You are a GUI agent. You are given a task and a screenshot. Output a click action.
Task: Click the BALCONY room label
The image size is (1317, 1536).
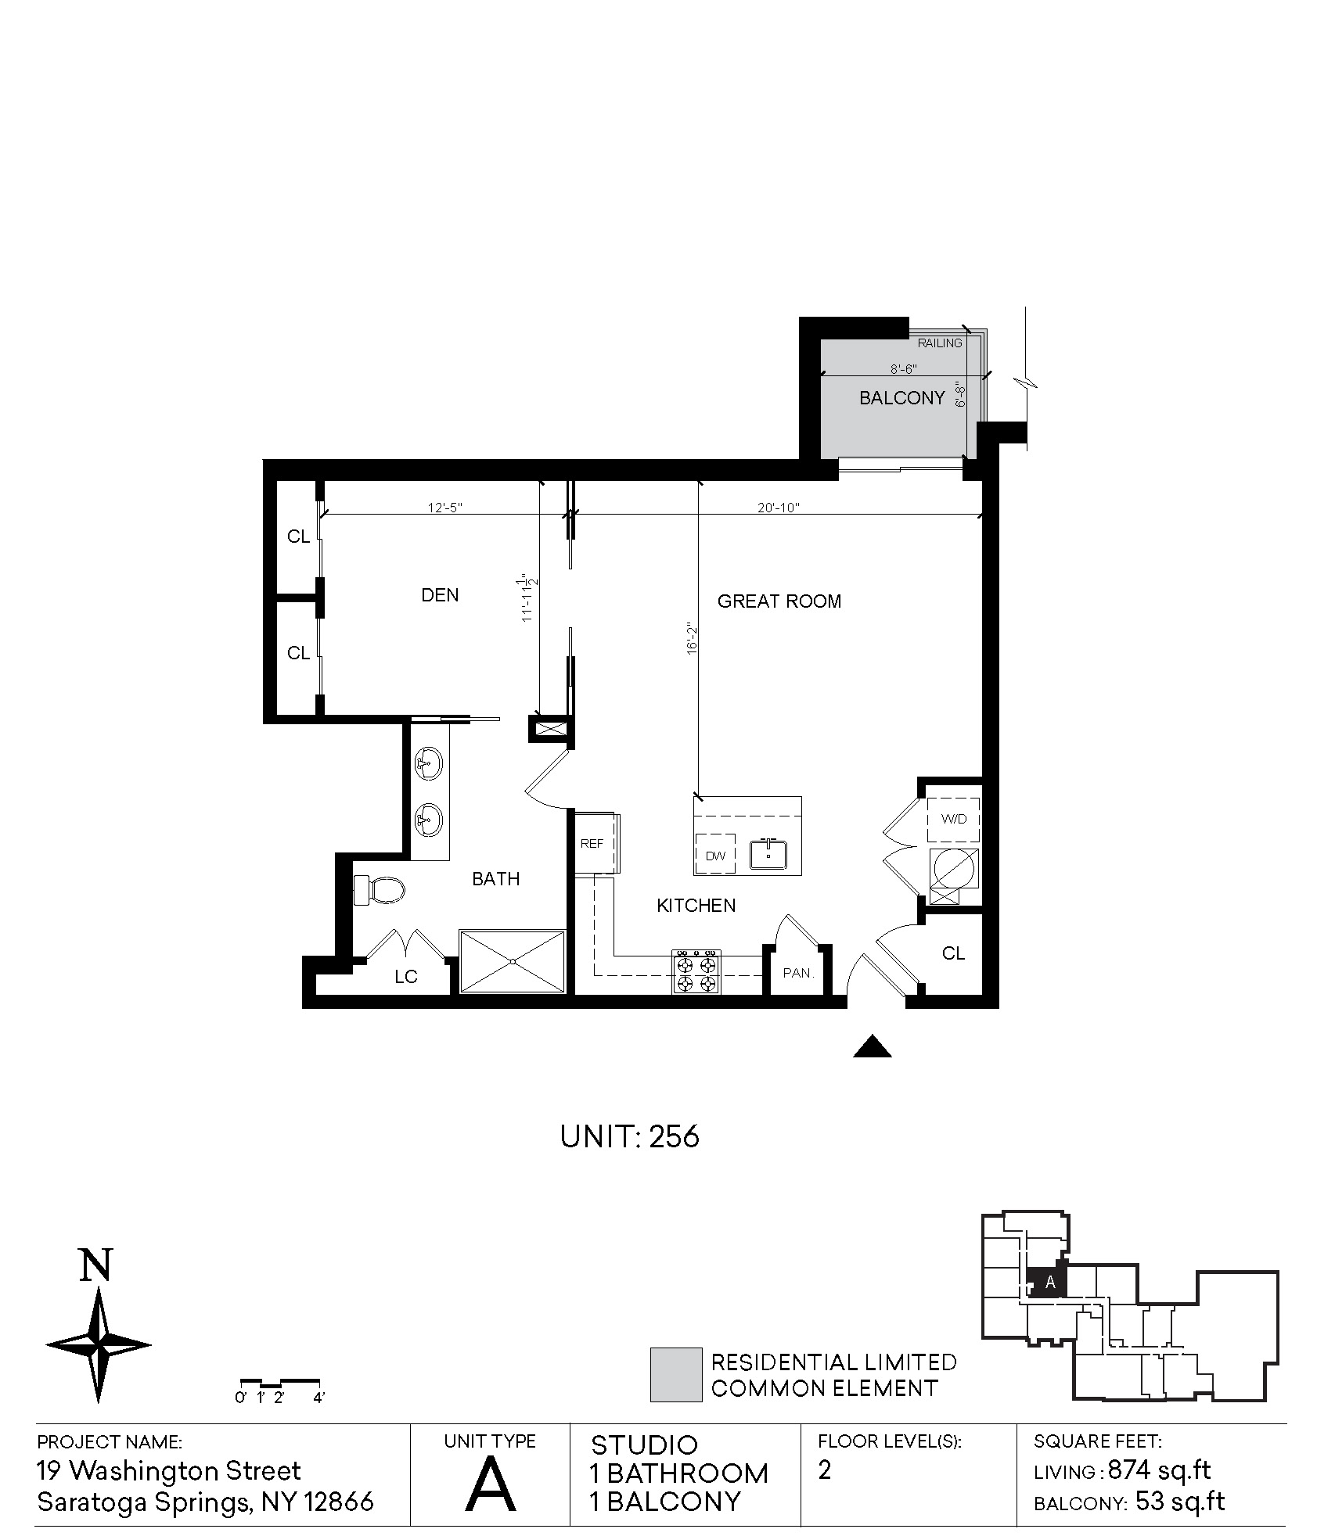click(x=901, y=398)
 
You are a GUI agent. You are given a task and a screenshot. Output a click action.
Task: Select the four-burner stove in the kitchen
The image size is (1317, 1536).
click(x=696, y=972)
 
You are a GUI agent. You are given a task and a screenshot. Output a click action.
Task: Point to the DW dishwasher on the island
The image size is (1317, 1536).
click(x=715, y=855)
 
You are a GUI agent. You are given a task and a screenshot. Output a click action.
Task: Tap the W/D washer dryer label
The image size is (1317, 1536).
click(x=953, y=819)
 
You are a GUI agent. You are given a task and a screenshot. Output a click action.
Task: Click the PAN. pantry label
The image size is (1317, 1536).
click(x=798, y=973)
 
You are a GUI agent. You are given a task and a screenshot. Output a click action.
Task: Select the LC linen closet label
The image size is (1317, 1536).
click(x=406, y=977)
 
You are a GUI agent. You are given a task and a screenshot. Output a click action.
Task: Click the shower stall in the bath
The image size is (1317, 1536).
click(x=513, y=961)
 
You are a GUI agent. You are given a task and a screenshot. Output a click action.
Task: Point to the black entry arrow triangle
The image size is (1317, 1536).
click(x=872, y=1046)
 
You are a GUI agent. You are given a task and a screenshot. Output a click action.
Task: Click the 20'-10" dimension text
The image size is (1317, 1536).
click(x=778, y=508)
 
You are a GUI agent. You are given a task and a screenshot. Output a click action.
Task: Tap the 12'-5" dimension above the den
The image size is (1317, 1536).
click(x=445, y=508)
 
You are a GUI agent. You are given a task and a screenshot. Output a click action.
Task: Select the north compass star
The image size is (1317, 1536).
click(x=99, y=1345)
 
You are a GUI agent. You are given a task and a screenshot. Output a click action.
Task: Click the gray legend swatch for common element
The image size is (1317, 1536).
click(x=676, y=1374)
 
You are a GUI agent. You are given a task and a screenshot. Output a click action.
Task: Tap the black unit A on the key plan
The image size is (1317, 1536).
click(x=1045, y=1283)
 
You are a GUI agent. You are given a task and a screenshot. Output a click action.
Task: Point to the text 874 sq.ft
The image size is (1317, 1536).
click(x=1160, y=1471)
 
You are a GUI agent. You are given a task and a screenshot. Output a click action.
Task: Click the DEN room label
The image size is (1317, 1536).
click(x=440, y=595)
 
